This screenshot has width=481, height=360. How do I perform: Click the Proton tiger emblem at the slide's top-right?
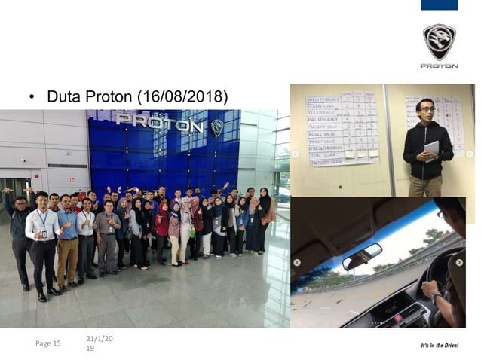(x=439, y=42)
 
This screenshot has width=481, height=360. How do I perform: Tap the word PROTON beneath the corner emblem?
(x=439, y=66)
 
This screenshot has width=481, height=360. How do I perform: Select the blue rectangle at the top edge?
(x=439, y=5)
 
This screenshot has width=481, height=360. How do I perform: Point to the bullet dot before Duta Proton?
(x=32, y=97)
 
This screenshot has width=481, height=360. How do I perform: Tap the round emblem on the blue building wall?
(x=217, y=127)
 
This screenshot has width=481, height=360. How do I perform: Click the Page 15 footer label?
(x=48, y=343)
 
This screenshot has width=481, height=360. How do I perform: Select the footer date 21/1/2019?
(x=99, y=343)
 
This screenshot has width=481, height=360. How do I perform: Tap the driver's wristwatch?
(x=435, y=296)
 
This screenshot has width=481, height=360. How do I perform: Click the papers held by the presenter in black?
(x=431, y=149)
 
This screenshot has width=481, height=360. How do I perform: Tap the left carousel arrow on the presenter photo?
(x=296, y=154)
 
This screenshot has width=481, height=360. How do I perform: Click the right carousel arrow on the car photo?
(x=459, y=262)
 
